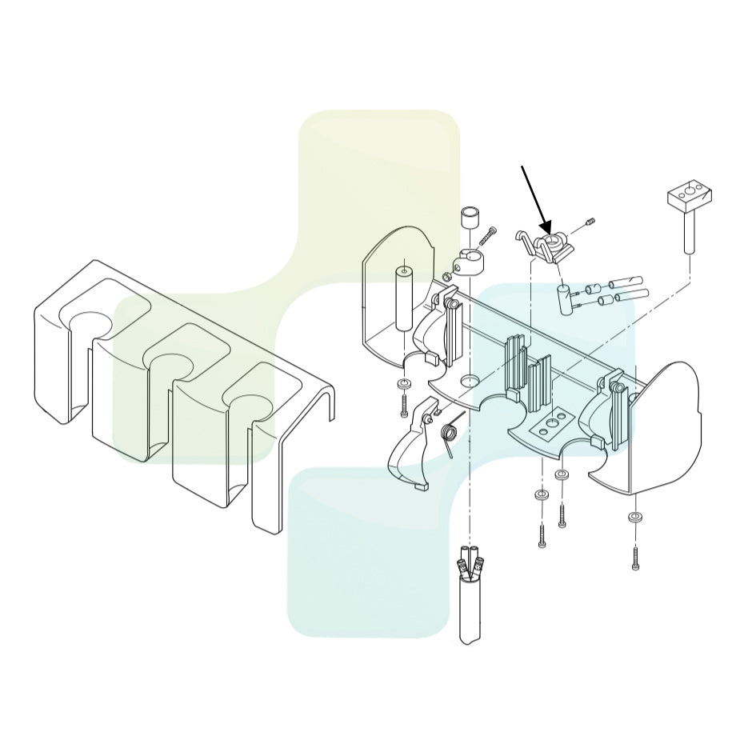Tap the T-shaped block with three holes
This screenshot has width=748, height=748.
click(x=688, y=197)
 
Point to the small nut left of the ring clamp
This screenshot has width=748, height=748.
click(x=446, y=277)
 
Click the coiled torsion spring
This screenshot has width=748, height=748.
click(x=449, y=434)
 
